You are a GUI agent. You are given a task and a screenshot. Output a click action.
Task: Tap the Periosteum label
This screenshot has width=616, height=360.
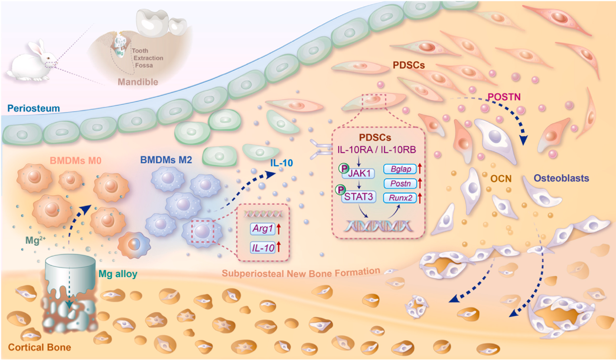[33, 108]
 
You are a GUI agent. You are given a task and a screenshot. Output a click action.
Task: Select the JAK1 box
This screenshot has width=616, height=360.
[359, 173]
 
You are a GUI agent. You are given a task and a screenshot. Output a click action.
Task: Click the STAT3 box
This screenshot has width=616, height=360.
[359, 197]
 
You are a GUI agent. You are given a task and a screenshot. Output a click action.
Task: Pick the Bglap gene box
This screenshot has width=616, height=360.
[400, 169]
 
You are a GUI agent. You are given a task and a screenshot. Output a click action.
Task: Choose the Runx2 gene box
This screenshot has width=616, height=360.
[400, 198]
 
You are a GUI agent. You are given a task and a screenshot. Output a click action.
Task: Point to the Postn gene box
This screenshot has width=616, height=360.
[400, 183]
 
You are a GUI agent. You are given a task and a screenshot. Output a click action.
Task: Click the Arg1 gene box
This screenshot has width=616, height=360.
[263, 229]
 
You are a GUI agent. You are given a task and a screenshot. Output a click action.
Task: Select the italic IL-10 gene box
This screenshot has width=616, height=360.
[263, 248]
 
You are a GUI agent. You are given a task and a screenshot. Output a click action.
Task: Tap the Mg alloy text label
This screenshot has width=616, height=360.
[118, 274]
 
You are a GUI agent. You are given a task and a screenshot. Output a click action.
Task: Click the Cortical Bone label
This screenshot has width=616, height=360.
[39, 347]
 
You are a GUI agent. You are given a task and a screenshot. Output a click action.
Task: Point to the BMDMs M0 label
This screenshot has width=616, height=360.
[75, 160]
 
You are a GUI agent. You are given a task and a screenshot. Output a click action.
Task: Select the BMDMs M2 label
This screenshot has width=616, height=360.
[166, 160]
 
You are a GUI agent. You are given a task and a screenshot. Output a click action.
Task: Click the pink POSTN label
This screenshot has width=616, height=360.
[504, 97]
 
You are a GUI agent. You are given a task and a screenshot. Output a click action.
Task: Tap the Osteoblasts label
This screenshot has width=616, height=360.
[561, 178]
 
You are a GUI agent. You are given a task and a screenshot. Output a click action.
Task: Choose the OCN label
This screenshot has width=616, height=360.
[501, 179]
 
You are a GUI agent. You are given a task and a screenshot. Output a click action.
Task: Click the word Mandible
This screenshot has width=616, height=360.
[138, 82]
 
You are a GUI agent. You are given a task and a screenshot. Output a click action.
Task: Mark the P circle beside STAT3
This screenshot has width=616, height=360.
[341, 190]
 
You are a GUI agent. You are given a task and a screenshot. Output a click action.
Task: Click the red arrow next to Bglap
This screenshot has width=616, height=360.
[420, 168]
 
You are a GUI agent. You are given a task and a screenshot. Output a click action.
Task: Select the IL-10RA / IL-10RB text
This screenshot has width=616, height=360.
[377, 150]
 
